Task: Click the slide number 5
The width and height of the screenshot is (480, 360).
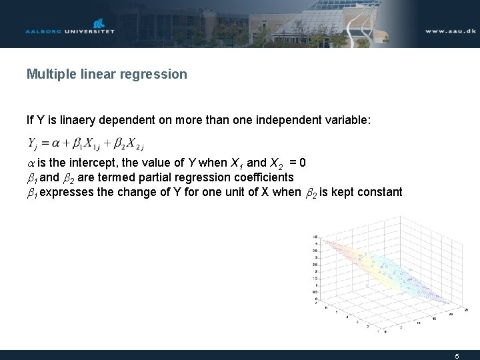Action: pos(457,356)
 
